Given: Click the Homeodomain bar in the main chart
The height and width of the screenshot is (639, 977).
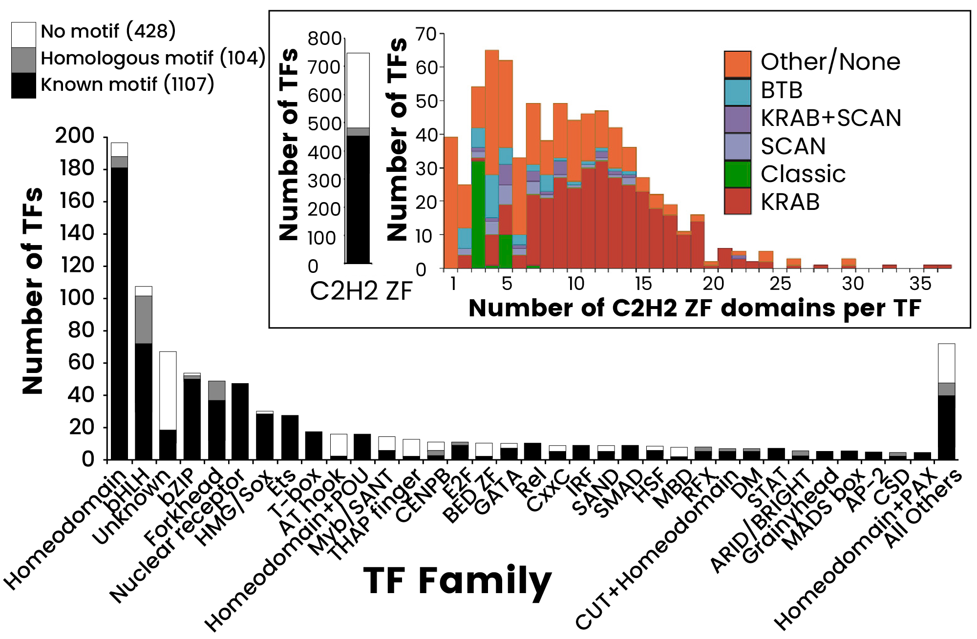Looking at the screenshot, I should click(119, 303).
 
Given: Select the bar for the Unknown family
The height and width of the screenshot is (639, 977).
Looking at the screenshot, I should click(168, 405).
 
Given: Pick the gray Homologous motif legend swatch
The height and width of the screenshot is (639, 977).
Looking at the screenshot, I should click(23, 60).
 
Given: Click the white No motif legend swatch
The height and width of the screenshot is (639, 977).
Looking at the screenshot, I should click(23, 35).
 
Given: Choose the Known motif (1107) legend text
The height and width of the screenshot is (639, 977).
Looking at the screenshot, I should click(127, 85).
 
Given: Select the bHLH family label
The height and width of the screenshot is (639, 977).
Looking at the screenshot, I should click(128, 488).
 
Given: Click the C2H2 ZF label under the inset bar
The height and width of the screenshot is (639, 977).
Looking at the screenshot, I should click(361, 291).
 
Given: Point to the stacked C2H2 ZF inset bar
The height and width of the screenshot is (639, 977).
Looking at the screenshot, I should click(358, 161).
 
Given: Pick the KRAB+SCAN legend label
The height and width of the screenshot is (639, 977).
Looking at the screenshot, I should click(830, 119).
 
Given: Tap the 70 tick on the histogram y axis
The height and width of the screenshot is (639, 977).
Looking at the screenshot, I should click(425, 35).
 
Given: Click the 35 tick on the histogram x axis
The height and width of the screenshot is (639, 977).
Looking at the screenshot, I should click(920, 284).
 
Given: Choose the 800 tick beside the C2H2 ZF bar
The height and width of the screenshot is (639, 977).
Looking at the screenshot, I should click(324, 39).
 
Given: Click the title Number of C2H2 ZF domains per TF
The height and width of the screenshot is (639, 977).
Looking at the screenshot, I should click(694, 309).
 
